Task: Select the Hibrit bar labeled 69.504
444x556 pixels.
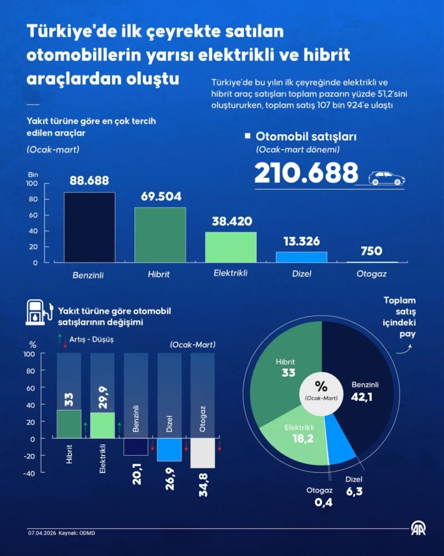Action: pos(160,234)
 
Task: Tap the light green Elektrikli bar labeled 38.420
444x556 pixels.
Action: pos(230,247)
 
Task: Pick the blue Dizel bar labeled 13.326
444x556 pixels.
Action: pos(301,257)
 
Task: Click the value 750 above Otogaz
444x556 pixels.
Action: pos(371,251)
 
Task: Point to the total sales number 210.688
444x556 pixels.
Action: pos(306,173)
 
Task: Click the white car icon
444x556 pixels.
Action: pos(387,178)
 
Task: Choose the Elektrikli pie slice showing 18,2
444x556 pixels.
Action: pos(297,436)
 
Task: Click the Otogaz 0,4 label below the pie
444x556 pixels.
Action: pos(319,497)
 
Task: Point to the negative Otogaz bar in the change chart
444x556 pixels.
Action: pos(203,453)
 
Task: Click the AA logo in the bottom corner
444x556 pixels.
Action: pos(417,529)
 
